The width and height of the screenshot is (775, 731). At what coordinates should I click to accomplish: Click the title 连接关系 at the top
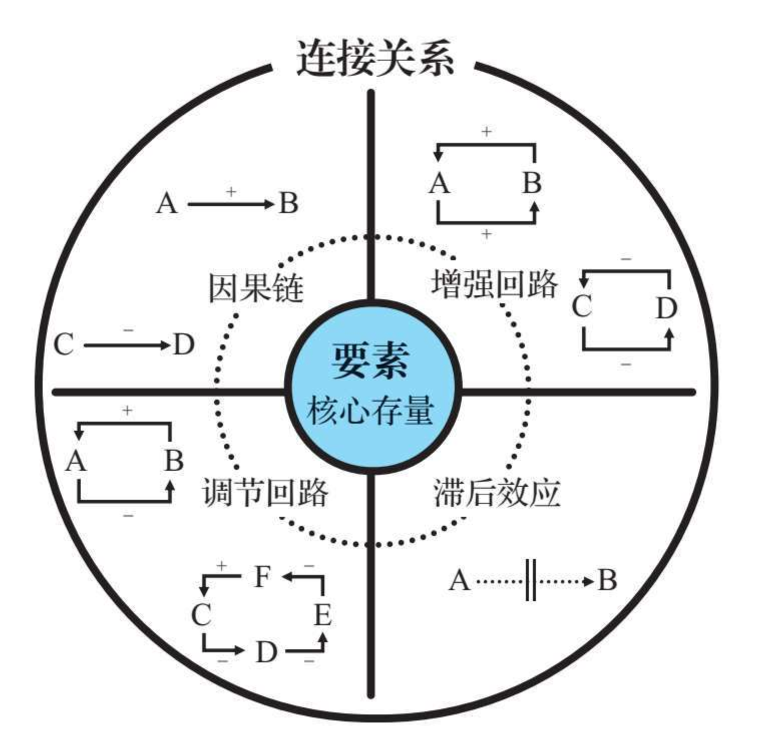coord(375,59)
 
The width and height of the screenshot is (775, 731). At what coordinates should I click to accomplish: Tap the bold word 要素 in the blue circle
coord(370,360)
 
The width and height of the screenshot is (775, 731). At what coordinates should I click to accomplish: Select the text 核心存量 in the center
coord(370,411)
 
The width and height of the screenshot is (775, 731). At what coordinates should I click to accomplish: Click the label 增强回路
coord(494,284)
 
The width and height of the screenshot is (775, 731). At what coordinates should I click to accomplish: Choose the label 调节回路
coord(265,492)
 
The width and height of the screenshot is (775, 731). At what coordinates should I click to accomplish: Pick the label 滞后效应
coord(497,493)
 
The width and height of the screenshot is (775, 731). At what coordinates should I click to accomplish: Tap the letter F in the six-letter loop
coord(262,576)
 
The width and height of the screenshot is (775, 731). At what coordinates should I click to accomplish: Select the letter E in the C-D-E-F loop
coord(323,614)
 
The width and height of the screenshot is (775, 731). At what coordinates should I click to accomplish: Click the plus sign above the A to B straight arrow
coord(231,192)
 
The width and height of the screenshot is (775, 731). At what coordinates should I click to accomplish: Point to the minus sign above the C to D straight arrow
coord(128,330)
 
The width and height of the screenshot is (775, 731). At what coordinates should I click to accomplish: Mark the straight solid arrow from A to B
coord(231,204)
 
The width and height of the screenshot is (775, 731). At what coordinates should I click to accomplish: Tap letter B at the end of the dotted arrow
coord(607,581)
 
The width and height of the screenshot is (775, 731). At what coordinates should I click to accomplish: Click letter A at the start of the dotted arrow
coord(459,581)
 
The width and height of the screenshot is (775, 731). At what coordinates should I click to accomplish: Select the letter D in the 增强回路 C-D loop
coord(666,308)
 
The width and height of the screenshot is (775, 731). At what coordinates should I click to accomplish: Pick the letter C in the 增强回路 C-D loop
coord(582,306)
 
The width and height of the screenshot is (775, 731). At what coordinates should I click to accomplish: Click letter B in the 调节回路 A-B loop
coord(173,460)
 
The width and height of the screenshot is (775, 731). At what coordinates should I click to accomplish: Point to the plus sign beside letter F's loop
coord(221,566)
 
